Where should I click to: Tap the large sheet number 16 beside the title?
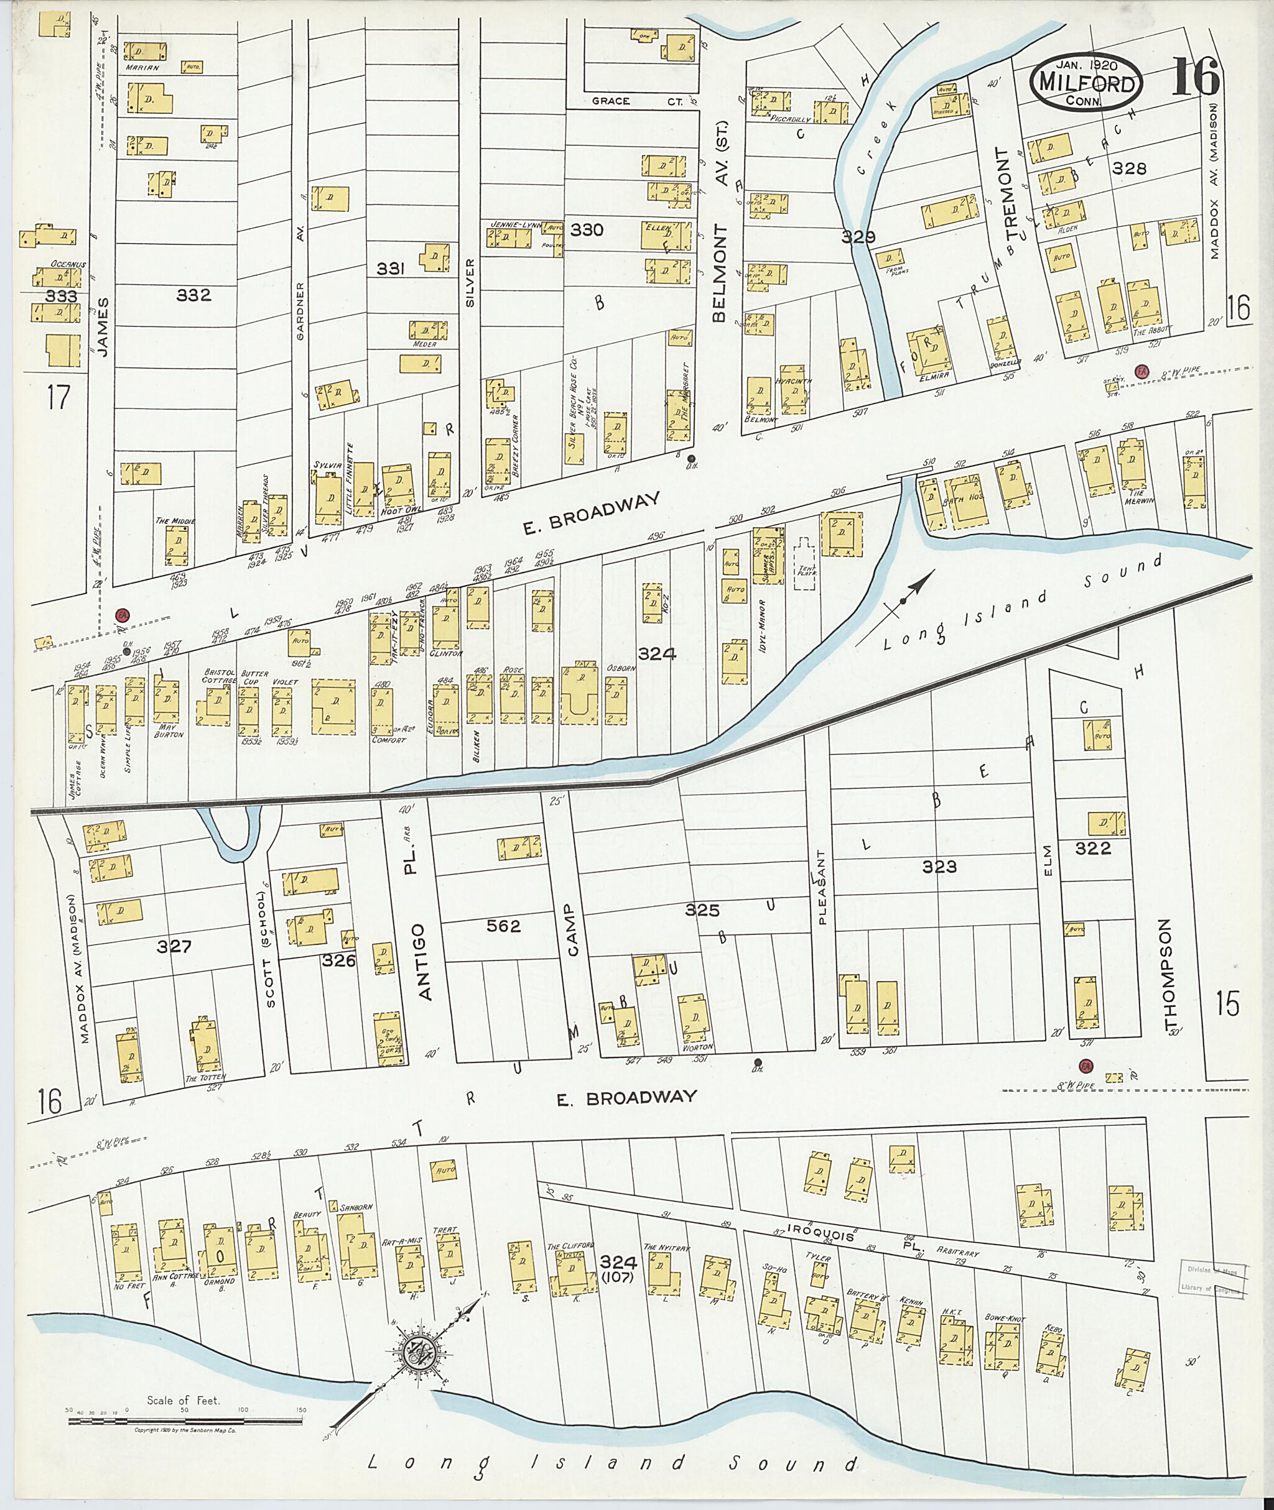click(x=1195, y=78)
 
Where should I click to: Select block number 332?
click(x=193, y=295)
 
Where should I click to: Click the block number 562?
click(x=503, y=926)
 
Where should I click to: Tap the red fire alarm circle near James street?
click(x=122, y=615)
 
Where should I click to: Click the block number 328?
click(x=1129, y=168)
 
